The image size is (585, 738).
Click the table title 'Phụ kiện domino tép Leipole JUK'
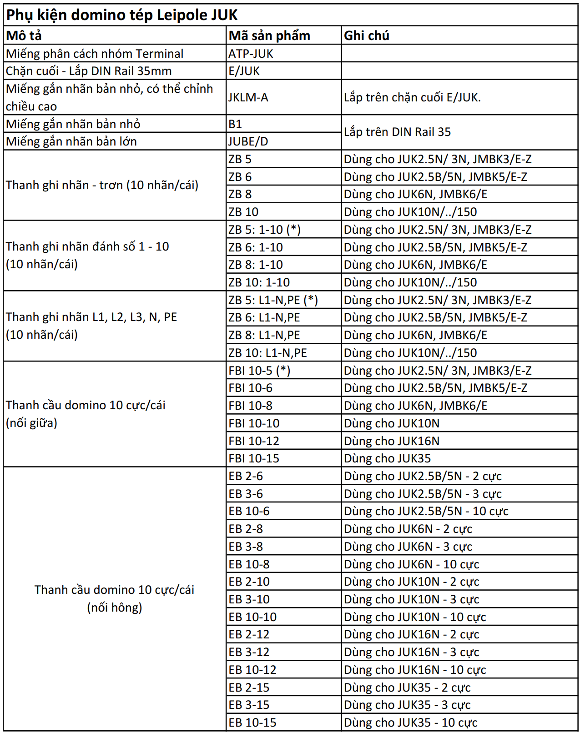(x=122, y=15)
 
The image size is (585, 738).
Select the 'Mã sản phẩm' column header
(x=269, y=35)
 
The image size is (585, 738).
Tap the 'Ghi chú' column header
(x=367, y=35)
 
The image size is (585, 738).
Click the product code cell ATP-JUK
(x=251, y=54)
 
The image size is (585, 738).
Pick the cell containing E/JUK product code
(x=244, y=71)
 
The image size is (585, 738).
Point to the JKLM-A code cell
(x=248, y=97)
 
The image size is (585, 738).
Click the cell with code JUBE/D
(x=248, y=141)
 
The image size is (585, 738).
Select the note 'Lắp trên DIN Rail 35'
(x=397, y=132)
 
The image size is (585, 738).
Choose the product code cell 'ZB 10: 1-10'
(x=259, y=282)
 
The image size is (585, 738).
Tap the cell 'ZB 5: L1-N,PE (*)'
(x=273, y=300)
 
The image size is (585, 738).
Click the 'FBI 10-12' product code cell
(x=254, y=441)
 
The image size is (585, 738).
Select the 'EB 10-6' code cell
(x=249, y=511)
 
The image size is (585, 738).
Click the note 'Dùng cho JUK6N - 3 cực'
(x=408, y=547)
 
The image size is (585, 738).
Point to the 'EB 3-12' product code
(x=249, y=652)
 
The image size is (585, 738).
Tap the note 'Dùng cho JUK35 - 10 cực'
(x=411, y=723)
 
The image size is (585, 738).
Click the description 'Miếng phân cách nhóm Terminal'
(x=95, y=54)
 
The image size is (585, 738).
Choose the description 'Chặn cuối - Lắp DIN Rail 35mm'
(x=89, y=71)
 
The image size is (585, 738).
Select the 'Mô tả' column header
(x=24, y=35)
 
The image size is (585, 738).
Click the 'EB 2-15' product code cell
(x=249, y=688)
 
